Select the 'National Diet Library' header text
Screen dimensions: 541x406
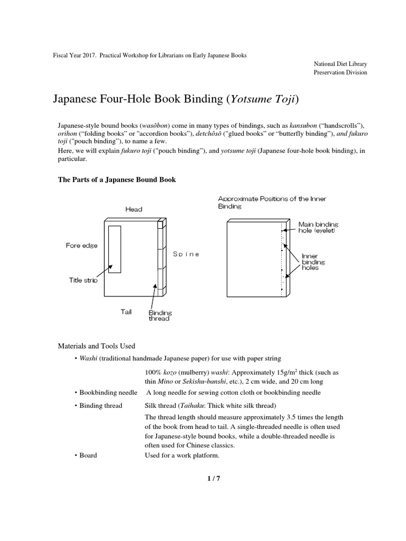pos(340,64)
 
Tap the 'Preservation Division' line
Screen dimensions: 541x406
pos(340,72)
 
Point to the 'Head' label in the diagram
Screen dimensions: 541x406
pos(134,209)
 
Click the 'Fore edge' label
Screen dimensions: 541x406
pos(81,246)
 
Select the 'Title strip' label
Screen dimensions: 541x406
pos(83,280)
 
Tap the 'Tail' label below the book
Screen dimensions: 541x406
pos(127,312)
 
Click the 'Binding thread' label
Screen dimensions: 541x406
pos(160,315)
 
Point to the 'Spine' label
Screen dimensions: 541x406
pos(186,254)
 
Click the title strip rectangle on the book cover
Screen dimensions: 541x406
pos(115,249)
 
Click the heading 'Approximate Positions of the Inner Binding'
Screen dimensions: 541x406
pos(272,202)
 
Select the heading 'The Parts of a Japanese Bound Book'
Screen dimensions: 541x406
pos(116,180)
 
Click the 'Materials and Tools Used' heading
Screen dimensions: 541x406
pos(96,346)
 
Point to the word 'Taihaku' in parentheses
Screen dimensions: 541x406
pos(195,406)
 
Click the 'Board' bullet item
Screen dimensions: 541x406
pos(88,455)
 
